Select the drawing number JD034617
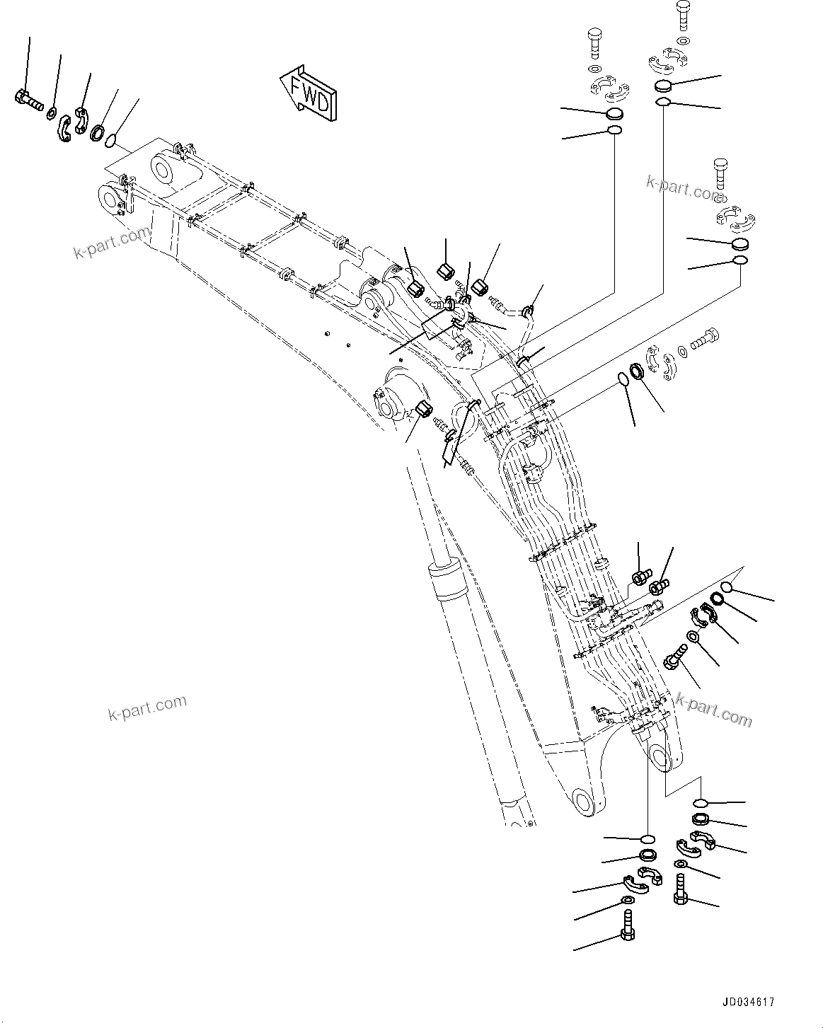pyautogui.click(x=749, y=1002)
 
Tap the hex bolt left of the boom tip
pyautogui.click(x=28, y=100)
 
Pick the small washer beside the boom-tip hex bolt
pyautogui.click(x=52, y=112)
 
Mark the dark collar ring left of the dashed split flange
pyautogui.click(x=635, y=371)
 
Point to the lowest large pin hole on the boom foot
pyautogui.click(x=583, y=804)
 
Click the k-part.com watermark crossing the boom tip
pyautogui.click(x=112, y=243)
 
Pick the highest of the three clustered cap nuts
pyautogui.click(x=447, y=271)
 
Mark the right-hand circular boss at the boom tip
pyautogui.click(x=163, y=172)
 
